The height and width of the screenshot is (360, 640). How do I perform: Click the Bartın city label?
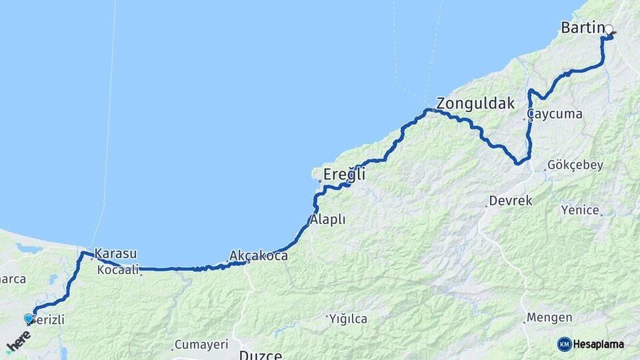click(582, 28)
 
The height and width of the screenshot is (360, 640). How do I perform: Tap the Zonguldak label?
click(476, 103)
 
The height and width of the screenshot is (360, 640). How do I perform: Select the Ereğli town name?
click(344, 175)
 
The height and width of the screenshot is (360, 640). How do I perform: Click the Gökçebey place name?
click(575, 165)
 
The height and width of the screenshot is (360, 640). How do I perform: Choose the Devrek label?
click(511, 200)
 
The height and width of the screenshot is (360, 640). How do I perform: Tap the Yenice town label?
click(580, 210)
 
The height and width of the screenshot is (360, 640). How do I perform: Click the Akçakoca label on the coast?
click(259, 255)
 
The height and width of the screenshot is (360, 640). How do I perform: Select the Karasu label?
click(116, 253)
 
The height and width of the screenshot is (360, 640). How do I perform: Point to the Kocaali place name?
click(118, 269)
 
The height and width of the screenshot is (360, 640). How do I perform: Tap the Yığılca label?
click(348, 319)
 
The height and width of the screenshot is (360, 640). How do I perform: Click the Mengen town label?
click(549, 317)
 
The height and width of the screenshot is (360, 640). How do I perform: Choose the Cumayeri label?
click(201, 345)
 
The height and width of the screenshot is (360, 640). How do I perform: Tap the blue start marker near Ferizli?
click(28, 319)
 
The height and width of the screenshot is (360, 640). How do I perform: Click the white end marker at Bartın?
click(609, 29)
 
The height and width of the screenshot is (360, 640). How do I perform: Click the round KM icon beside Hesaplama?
click(564, 344)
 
